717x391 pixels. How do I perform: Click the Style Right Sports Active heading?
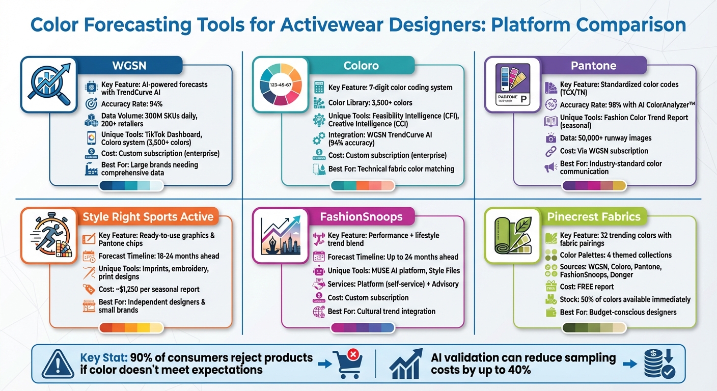coord(148,216)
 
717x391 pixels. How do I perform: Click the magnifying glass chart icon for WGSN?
coord(48,84)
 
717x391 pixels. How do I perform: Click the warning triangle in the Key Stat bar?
coord(57,364)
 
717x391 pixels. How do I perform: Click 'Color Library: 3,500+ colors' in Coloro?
coord(370,102)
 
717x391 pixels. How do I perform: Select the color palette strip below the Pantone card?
coord(593,186)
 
